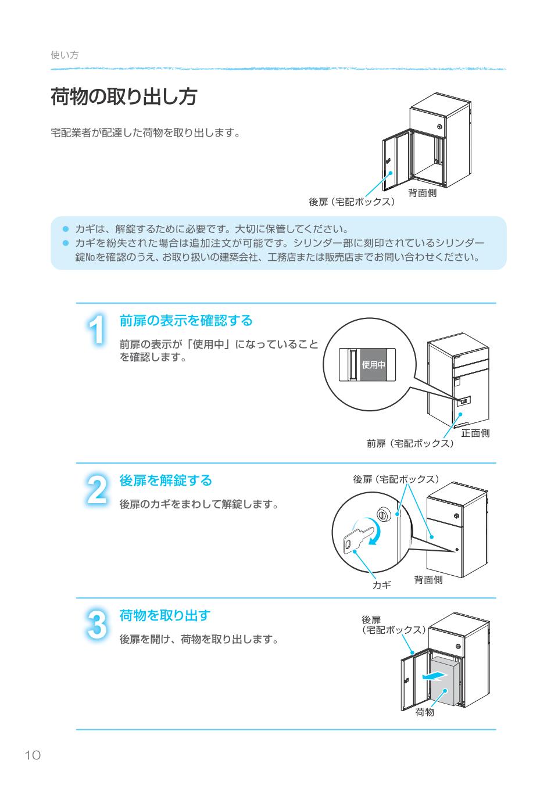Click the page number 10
pos(33,755)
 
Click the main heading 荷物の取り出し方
pos(123,97)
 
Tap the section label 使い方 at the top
pos(65,55)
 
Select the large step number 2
pos(97,490)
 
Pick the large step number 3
pos(97,625)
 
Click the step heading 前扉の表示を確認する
pos(186,320)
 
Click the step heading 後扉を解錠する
pos(166,480)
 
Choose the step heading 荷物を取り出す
pos(164,615)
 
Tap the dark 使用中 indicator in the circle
pos(373,365)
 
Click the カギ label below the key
pos(381,585)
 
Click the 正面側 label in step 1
pos(475,433)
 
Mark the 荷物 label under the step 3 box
pos(424,712)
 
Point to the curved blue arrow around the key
pos(372,532)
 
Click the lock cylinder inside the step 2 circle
pos(383,514)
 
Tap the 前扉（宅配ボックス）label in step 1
pos(410,443)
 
